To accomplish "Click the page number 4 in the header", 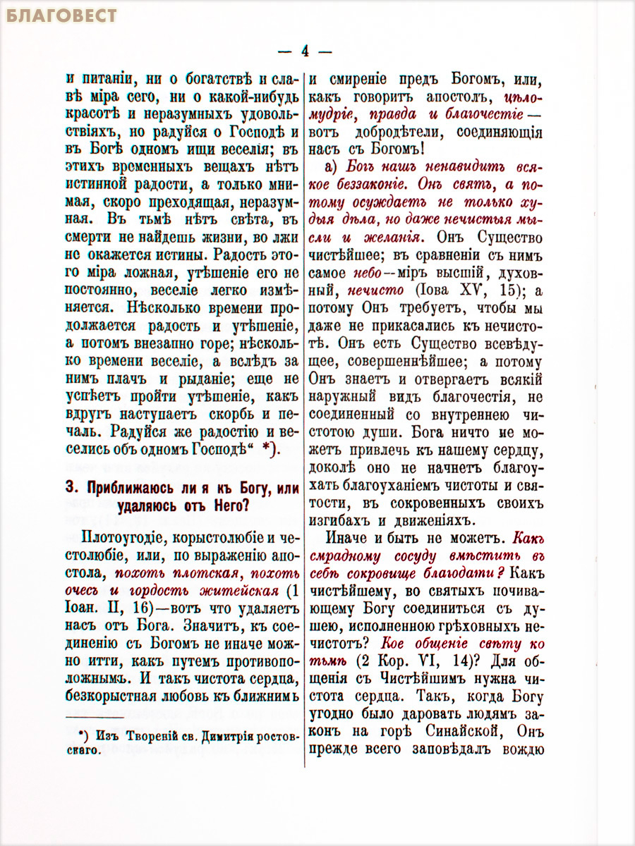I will pos(305,51).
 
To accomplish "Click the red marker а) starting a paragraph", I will pos(334,168).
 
